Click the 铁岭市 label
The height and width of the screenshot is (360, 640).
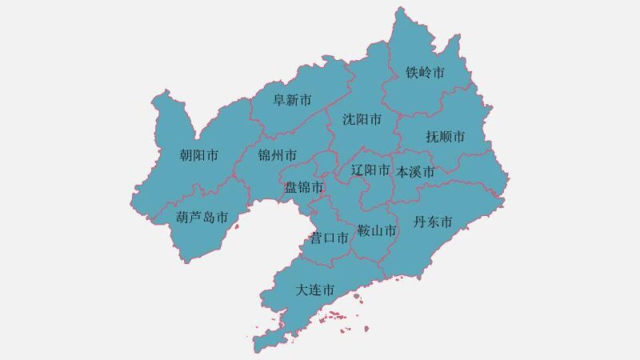coord(426,73)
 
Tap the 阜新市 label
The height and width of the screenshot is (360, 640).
coord(293,100)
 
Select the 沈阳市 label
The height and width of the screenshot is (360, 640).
coord(362,119)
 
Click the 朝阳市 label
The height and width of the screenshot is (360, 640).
coord(199,155)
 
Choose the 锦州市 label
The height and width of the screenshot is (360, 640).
coord(278,154)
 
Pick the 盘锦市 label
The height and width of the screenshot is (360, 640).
coord(305,187)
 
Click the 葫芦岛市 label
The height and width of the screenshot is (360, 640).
coord(202,218)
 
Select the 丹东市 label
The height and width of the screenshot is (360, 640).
coord(433,222)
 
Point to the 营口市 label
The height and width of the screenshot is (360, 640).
coord(330,238)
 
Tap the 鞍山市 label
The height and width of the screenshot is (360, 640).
coord(377,231)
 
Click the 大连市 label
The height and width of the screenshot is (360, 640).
coord(315,290)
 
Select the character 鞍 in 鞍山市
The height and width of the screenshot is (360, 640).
coord(364,231)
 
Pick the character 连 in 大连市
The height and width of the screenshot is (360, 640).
coord(315,290)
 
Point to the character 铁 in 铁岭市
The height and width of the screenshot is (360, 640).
coord(413,73)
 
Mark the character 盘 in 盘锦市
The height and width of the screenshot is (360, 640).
coord(292,187)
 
